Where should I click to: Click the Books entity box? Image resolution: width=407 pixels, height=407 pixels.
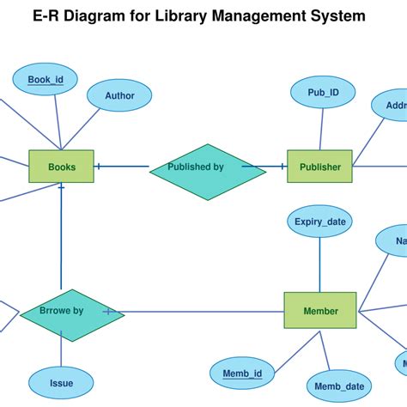[61, 167]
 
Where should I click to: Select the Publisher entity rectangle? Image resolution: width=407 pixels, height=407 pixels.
[319, 167]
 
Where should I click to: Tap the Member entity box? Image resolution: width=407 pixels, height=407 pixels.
[319, 310]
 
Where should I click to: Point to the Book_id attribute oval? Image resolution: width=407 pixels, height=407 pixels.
[46, 81]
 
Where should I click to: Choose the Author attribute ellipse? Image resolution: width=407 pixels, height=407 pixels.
[119, 96]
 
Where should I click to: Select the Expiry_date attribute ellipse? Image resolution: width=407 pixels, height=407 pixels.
[319, 222]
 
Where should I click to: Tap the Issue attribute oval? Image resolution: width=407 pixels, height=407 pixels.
[61, 383]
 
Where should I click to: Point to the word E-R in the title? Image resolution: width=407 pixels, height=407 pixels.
[47, 16]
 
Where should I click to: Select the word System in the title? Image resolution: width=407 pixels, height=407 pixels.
[341, 16]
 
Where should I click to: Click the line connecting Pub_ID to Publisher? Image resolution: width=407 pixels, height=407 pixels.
[321, 129]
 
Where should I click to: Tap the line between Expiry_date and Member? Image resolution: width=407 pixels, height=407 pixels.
[319, 264]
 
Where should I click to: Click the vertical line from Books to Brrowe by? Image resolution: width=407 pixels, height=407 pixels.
[61, 240]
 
